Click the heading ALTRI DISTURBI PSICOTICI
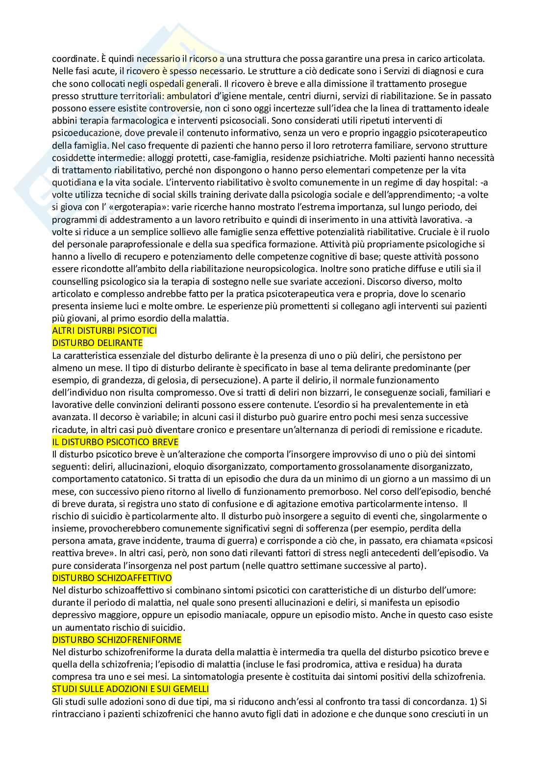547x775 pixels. (x=104, y=330)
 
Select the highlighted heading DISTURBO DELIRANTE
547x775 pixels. (x=97, y=343)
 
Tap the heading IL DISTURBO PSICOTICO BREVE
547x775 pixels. (x=115, y=442)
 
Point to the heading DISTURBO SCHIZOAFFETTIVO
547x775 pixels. (x=112, y=578)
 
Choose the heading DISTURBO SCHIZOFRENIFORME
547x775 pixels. (x=117, y=640)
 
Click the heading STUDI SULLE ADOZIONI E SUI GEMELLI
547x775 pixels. (x=130, y=689)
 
